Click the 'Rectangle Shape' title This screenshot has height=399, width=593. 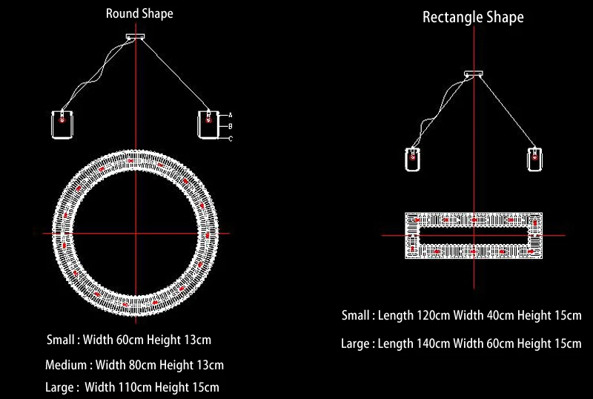click(x=473, y=17)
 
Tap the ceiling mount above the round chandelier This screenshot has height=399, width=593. click(x=136, y=36)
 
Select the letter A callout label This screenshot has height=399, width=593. click(x=231, y=115)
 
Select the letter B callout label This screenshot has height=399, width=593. click(x=231, y=126)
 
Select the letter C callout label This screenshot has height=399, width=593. click(x=231, y=139)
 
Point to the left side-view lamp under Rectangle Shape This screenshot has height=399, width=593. click(x=412, y=159)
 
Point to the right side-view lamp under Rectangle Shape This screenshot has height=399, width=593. click(x=533, y=159)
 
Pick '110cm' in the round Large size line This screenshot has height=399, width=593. click(x=130, y=387)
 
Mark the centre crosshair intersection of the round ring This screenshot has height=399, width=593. click(x=136, y=234)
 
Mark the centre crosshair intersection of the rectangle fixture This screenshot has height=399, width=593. click(x=472, y=236)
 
